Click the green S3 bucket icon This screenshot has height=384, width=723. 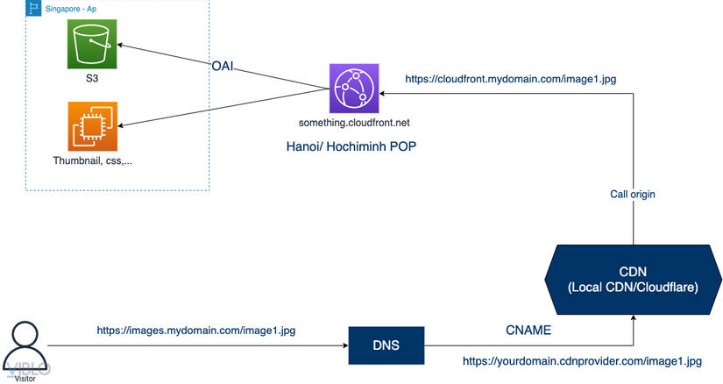click(92, 45)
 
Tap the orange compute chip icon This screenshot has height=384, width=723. click(92, 126)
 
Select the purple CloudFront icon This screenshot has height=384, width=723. click(353, 88)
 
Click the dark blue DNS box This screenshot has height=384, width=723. click(386, 345)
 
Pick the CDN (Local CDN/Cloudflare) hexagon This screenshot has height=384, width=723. click(632, 279)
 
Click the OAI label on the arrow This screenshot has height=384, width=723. click(223, 66)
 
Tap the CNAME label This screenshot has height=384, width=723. click(528, 331)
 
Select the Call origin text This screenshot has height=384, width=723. click(634, 193)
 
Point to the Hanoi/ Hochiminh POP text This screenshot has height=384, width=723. click(350, 146)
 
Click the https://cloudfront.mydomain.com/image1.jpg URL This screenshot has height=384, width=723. click(510, 79)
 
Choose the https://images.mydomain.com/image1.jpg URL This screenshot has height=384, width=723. click(195, 331)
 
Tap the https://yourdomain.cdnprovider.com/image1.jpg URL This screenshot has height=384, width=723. click(582, 361)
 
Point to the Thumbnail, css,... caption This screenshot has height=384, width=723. click(92, 161)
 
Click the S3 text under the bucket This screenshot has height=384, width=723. click(92, 78)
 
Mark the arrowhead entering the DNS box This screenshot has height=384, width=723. click(344, 345)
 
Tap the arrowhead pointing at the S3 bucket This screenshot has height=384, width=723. click(122, 45)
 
